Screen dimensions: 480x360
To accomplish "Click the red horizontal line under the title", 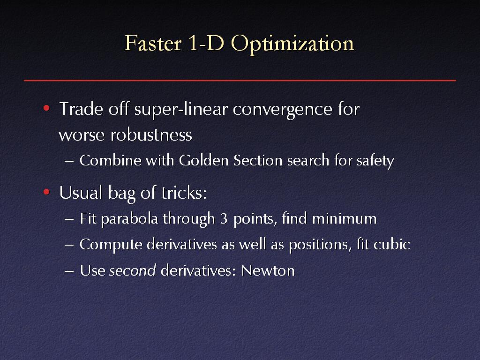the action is [240, 80].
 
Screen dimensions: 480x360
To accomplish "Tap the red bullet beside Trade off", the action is [46, 108].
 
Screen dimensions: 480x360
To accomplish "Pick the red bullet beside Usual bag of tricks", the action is [46, 192].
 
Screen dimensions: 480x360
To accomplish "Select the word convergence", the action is [283, 110].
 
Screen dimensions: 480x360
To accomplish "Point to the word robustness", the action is [151, 135].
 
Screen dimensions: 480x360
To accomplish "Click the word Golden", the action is [203, 160].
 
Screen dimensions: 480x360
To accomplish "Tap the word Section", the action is [258, 160].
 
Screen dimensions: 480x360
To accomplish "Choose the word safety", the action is [375, 161].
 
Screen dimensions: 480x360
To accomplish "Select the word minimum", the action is [344, 218].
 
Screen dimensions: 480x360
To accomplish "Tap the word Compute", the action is [111, 245].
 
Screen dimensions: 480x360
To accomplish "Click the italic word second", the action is [133, 270].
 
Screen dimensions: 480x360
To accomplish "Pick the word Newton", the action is [268, 270].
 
